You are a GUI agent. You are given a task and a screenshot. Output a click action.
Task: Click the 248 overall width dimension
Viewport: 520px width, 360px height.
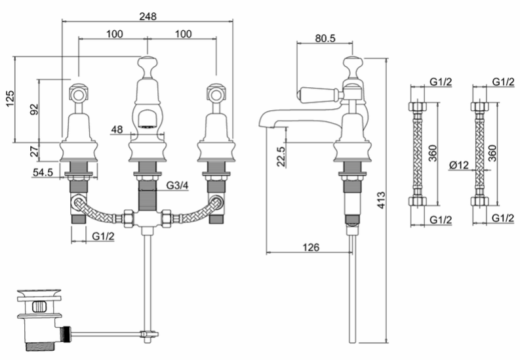point(148,16)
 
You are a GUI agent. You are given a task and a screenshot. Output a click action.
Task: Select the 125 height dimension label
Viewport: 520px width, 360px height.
point(10,98)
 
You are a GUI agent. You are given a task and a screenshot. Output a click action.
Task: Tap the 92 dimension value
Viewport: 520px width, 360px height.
point(34,110)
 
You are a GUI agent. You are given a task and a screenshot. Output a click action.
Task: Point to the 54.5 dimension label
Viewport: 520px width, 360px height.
point(43,172)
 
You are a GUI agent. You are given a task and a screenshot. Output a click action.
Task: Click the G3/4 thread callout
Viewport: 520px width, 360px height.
point(177,186)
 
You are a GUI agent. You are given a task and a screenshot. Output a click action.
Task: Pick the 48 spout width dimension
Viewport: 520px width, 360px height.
point(117,129)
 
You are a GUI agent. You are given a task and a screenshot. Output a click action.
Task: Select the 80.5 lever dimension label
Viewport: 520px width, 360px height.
point(325,38)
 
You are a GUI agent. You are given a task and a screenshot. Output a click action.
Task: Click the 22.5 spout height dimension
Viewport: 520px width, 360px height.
point(281,157)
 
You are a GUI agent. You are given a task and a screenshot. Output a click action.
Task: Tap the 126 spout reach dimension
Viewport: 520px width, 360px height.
point(311,247)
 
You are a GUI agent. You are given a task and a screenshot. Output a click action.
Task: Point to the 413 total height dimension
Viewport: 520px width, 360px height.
point(382,200)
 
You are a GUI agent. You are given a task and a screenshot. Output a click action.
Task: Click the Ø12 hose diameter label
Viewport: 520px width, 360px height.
point(459,165)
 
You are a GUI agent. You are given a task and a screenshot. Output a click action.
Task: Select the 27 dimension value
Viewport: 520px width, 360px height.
point(34,152)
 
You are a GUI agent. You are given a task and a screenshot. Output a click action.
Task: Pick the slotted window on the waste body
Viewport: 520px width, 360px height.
point(39,306)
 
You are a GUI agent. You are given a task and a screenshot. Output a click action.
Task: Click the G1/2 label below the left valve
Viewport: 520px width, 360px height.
point(103,236)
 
